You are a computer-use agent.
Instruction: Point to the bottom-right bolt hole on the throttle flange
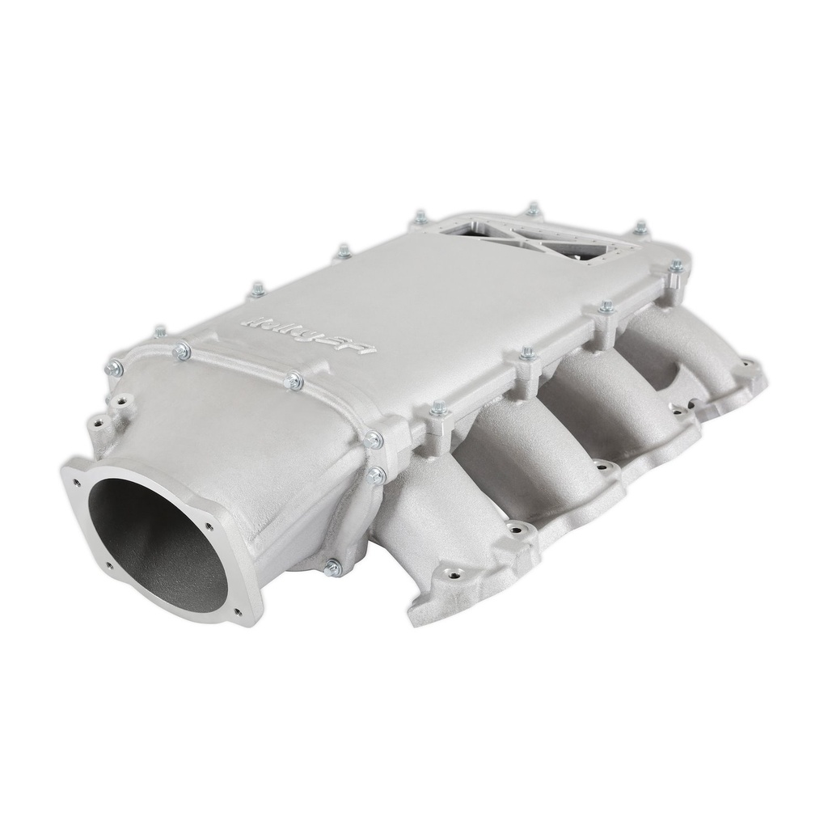click(x=239, y=616)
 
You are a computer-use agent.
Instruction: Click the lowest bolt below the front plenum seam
click(x=332, y=568)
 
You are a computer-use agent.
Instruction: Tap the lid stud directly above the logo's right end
click(x=344, y=251)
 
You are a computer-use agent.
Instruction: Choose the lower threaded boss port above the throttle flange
click(x=99, y=421)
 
